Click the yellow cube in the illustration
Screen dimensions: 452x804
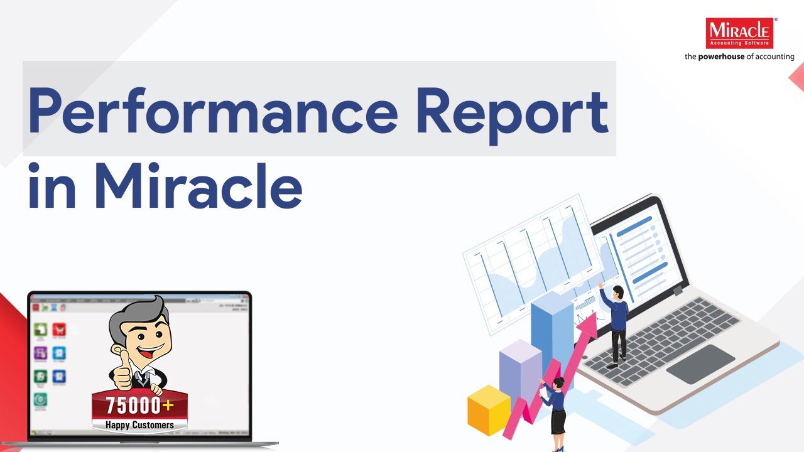[489, 410]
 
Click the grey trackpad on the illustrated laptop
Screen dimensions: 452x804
[700, 363]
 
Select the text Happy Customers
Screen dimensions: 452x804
[139, 425]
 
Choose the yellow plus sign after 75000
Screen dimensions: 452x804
[168, 405]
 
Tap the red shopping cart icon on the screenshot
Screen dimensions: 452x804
[60, 330]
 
